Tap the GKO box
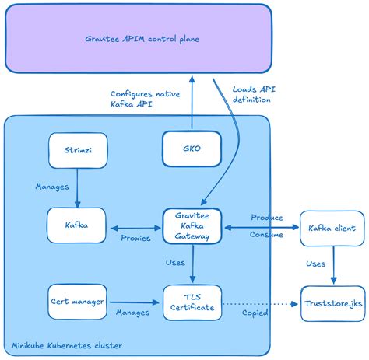(192, 149)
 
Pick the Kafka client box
(332, 228)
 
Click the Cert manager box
(76, 301)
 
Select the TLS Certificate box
(192, 301)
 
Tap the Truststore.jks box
(332, 301)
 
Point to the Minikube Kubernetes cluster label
(61, 344)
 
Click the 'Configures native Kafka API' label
(145, 99)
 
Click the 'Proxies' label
(135, 238)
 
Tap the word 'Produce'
(267, 218)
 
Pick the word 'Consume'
(267, 234)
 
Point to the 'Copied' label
(255, 313)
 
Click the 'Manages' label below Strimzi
(52, 187)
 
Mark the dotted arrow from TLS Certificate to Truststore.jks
(257, 302)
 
